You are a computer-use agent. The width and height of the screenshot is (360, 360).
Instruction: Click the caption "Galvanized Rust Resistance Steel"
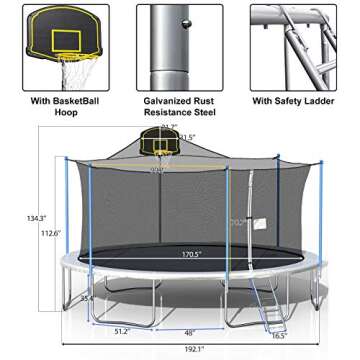click(180, 106)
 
